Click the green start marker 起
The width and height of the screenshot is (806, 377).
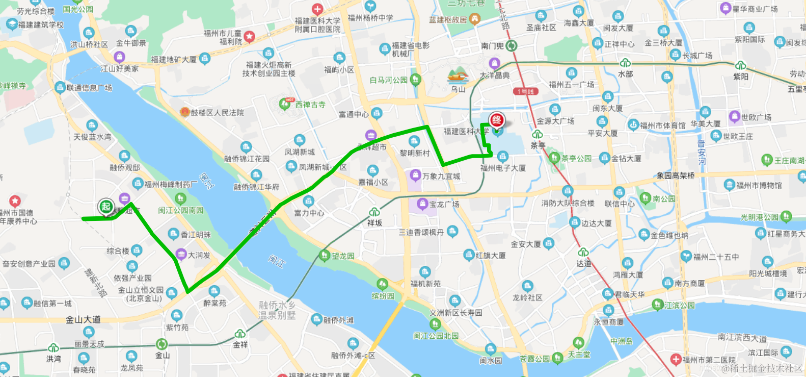pos(106,207)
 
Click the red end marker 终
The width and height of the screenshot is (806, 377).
pos(497,120)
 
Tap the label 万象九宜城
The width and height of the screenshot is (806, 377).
pos(441,176)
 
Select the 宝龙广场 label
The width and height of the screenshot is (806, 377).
pos(444,204)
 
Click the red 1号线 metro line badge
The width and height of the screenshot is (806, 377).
pos(525,91)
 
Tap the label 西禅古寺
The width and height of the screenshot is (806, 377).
pos(310,105)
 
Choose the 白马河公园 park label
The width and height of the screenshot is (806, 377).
pos(388,80)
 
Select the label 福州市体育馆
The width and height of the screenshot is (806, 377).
pos(662,125)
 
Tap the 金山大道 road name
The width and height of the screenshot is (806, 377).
pos(83,319)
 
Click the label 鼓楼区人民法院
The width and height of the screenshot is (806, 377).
pos(217,113)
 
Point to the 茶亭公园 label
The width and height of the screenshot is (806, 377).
pos(576,158)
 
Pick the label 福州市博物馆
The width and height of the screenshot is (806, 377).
pos(759,185)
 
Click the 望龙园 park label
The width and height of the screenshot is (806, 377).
pos(343,256)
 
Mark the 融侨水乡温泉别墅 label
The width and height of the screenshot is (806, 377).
pos(277,310)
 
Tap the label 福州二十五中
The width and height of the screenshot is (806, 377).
pos(716,257)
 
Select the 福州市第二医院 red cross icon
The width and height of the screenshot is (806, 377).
pos(676,359)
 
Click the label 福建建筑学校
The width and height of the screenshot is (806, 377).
pos(41,24)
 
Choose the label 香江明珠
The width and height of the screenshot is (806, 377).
pos(196,235)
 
